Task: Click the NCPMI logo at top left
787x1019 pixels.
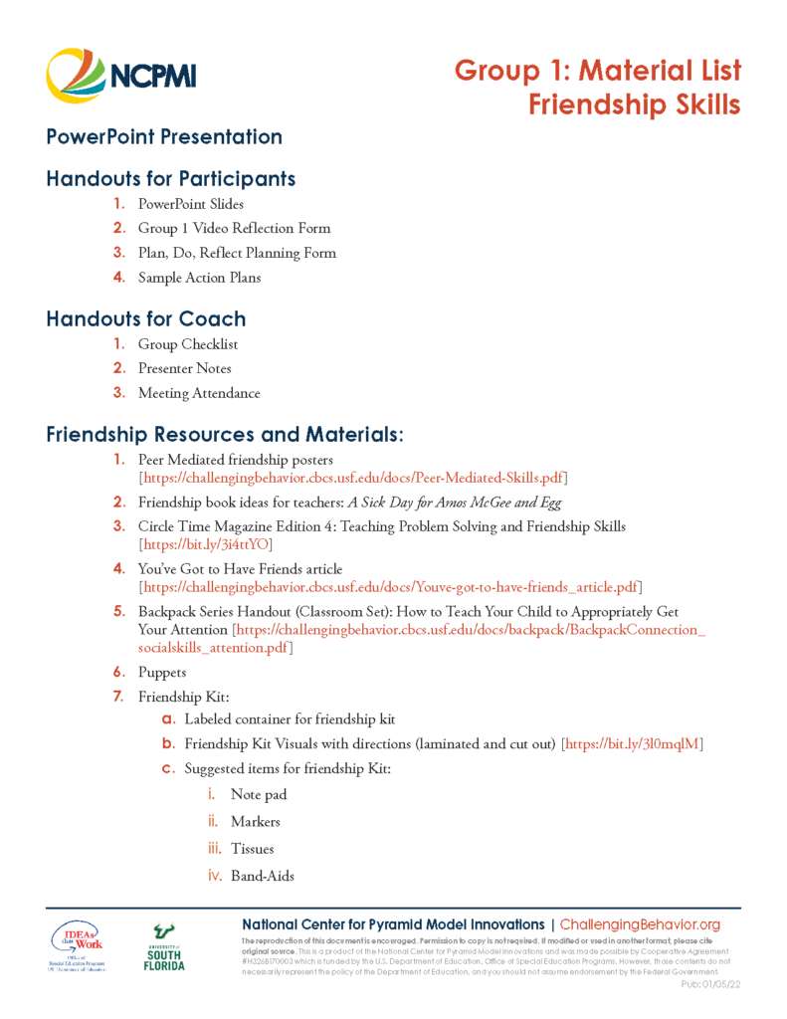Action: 121,76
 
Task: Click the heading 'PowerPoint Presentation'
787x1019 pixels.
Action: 164,137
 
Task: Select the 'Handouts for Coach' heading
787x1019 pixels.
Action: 146,319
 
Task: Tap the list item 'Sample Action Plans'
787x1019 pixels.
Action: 199,278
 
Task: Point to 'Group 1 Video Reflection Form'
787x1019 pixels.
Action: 234,228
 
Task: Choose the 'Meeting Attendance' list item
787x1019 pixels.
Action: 199,393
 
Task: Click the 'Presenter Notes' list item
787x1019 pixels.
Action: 185,368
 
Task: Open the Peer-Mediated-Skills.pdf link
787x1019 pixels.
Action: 353,478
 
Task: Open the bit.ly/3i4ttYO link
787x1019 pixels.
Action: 205,544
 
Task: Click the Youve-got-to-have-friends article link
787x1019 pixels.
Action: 390,587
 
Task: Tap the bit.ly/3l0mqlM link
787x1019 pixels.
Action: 633,743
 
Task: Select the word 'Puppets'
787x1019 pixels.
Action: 162,673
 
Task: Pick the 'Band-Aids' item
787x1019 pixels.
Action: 262,877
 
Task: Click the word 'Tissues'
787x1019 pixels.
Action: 252,849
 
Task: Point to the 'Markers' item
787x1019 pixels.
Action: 256,822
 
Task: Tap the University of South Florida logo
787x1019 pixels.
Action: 163,946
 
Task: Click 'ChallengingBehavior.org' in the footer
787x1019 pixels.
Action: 640,925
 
